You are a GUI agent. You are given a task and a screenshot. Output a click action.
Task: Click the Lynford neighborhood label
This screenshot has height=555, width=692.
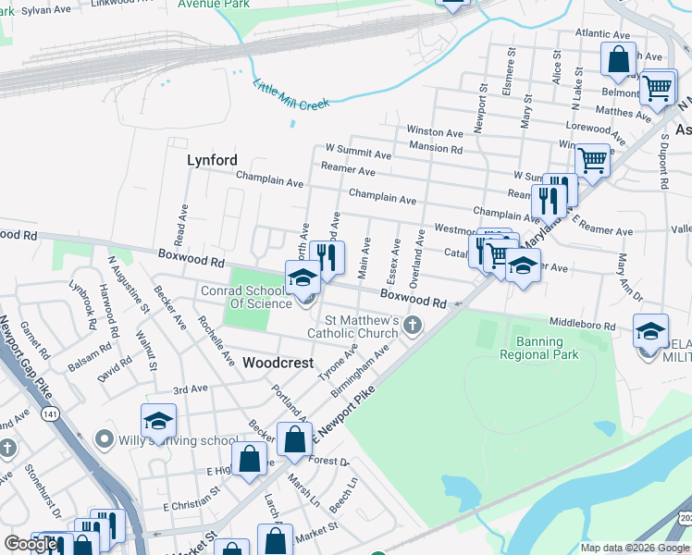point(212,160)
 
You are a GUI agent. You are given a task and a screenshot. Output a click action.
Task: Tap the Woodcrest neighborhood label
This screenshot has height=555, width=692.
point(278,364)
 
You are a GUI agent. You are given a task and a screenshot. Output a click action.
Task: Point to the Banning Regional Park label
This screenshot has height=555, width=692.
point(538,347)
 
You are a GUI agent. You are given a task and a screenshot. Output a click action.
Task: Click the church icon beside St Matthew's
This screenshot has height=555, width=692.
point(413,326)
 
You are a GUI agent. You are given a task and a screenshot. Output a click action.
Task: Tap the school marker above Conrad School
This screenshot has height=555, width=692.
point(303,277)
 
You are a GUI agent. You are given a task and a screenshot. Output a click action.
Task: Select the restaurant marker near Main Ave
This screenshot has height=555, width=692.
point(326,256)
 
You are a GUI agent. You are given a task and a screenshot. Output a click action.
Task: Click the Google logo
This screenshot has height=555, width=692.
point(31,543)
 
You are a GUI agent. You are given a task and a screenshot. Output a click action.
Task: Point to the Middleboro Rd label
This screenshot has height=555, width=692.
point(582,326)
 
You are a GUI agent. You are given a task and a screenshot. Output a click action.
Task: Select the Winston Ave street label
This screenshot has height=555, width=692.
point(435,133)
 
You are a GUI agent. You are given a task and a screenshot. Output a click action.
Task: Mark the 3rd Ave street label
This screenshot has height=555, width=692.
point(191,389)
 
